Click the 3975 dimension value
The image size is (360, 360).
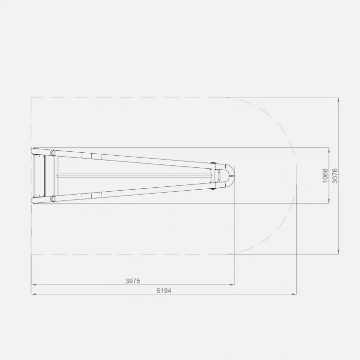tap(133, 281)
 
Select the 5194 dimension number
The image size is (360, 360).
tap(164, 290)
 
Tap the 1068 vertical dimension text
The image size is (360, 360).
tap(325, 176)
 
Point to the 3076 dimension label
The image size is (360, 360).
tap(335, 176)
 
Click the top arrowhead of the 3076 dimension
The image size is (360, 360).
tap(339, 100)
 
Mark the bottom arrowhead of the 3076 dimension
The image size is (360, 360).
tap(339, 252)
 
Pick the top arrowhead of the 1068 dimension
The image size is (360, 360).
tap(329, 150)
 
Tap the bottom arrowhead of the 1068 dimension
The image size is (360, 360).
tap(329, 201)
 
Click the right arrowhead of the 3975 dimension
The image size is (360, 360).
tap(232, 285)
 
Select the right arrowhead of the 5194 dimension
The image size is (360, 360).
tap(294, 294)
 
